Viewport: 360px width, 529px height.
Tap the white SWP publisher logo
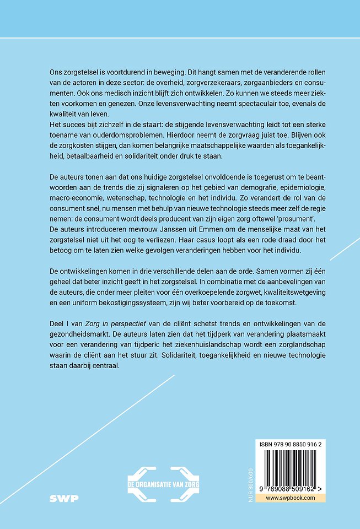click(63, 498)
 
